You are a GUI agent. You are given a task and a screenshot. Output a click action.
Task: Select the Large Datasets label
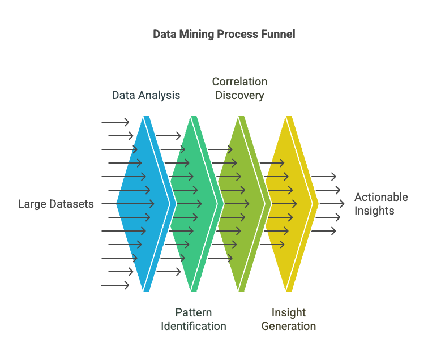point(55,204)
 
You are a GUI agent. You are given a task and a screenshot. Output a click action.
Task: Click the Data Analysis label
point(146,95)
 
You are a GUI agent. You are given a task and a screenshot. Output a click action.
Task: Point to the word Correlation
point(239,82)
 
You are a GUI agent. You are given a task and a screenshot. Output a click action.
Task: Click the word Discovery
point(239,95)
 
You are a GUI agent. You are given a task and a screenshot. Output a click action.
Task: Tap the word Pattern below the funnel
point(194,312)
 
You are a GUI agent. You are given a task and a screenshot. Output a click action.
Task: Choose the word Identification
point(194,326)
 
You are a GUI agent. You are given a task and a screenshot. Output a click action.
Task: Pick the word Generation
point(289,326)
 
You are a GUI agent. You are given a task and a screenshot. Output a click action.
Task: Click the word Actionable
point(381,197)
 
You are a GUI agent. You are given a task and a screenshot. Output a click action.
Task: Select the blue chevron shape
point(146,204)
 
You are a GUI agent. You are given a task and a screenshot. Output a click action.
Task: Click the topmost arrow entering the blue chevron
point(115,122)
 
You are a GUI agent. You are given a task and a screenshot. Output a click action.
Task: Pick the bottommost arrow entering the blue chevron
point(115,285)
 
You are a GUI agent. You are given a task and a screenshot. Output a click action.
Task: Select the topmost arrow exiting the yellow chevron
point(323,177)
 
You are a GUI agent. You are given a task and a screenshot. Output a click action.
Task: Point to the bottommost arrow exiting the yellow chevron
point(323,231)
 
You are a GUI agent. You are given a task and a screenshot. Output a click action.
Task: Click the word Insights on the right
point(374,211)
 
